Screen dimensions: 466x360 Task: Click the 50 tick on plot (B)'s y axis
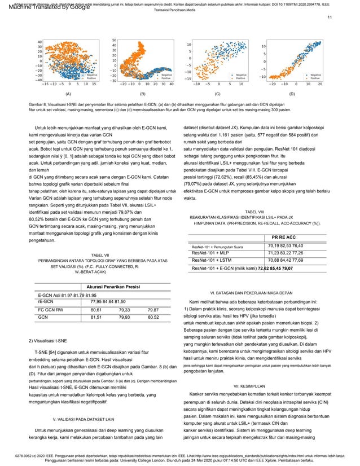click(x=114, y=40)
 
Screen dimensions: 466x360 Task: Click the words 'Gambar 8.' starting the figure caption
click(x=38, y=105)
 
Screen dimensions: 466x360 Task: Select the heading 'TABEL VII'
click(x=100, y=255)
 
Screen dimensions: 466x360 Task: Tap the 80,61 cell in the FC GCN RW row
click(x=96, y=310)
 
